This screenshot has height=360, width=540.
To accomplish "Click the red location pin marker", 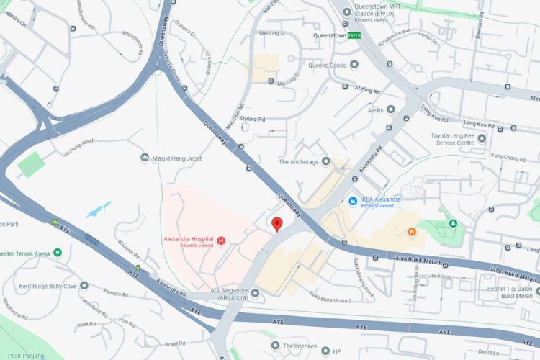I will coord(277,224).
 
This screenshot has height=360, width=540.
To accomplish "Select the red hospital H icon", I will coord(221,240).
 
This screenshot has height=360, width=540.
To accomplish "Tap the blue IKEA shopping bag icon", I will coord(353,201).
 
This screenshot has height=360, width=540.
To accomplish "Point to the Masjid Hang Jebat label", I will coord(177,158).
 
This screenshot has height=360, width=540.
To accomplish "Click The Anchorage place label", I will coord(298,162).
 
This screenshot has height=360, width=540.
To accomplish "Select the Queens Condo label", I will coord(328,65).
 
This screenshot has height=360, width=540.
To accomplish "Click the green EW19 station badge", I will coord(354,35).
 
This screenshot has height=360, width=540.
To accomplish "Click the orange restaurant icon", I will coord(411,232).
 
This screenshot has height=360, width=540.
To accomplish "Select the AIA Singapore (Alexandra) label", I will coord(218,294).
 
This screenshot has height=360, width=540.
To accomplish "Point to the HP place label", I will coord(336,352).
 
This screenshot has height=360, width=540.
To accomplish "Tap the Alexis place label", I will coord(376,110).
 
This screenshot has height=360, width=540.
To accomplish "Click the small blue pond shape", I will coord(99,210).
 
